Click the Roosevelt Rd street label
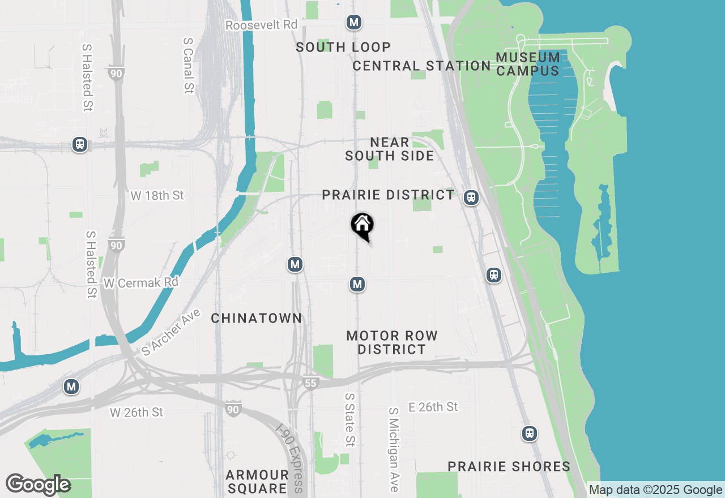point(261,25)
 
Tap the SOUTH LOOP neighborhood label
point(343,47)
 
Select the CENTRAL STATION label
point(421,66)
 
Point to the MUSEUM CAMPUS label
point(528,64)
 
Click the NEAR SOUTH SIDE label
point(390,149)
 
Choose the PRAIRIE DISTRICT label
point(388,195)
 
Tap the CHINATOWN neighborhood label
point(257,318)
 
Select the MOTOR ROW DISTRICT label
point(392,342)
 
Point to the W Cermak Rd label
point(141,282)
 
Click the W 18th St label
point(157,195)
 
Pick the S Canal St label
point(189,65)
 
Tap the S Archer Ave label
point(171,332)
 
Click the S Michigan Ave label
point(394,449)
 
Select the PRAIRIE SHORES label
point(509,466)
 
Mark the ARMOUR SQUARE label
point(257,481)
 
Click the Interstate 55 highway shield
point(310,382)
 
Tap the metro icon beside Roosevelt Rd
point(354,23)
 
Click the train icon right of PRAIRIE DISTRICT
point(471,198)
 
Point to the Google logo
point(38,484)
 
